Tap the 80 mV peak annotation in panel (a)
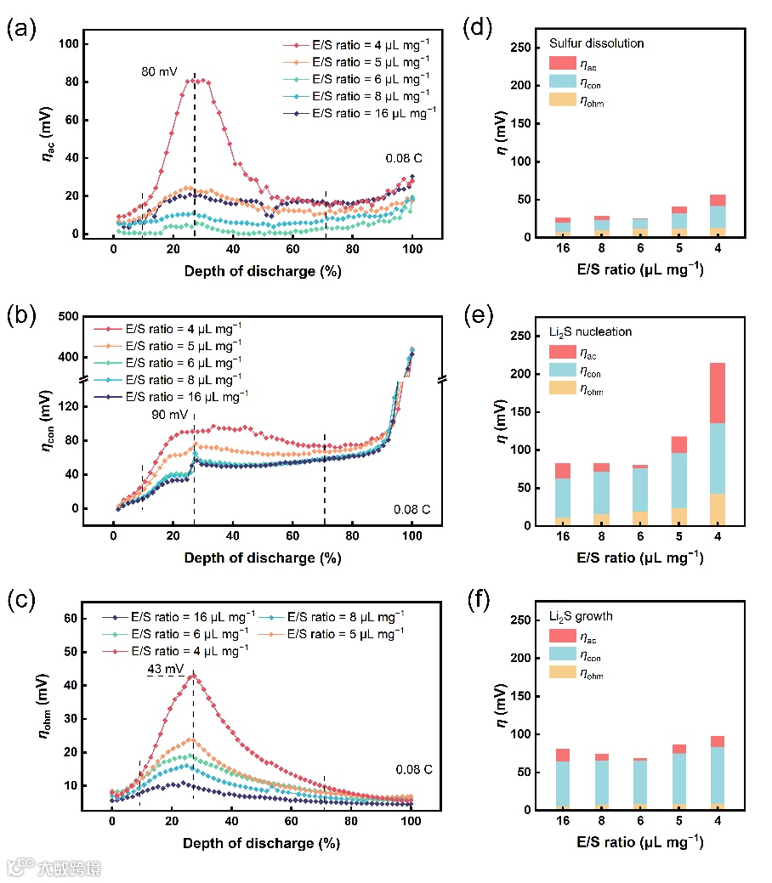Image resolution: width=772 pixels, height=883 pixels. (159, 71)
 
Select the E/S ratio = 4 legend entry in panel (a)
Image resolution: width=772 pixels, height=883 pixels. (357, 44)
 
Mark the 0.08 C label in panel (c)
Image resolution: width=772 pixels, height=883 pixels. (413, 770)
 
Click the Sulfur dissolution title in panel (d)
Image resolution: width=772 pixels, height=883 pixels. (597, 42)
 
